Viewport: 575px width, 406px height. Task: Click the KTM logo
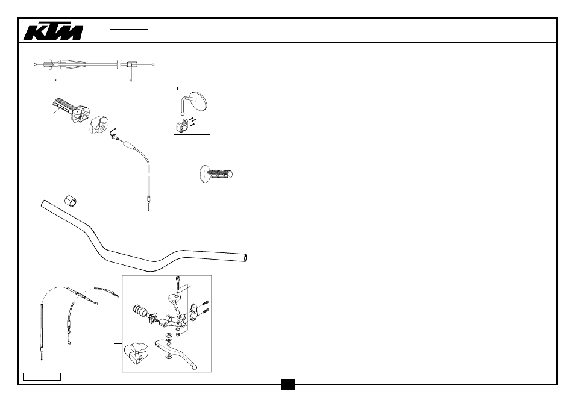coord(53,33)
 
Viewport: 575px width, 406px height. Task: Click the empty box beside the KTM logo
coord(129,33)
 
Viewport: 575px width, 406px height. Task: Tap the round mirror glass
coord(198,101)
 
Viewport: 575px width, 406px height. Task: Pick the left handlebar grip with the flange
coord(216,173)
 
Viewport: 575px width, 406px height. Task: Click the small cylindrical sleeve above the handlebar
coord(71,201)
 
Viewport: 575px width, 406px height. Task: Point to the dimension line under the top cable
coord(93,79)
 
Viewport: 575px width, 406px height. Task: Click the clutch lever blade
coord(176,352)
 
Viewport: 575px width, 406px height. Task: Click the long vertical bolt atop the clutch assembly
coord(178,283)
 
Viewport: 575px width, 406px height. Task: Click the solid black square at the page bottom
coord(288,384)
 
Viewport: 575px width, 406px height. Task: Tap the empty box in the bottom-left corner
coord(42,376)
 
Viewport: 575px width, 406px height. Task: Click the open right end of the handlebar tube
coord(245,258)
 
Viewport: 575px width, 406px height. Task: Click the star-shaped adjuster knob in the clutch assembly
coord(153,318)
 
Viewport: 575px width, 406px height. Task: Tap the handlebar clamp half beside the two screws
coord(194,310)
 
